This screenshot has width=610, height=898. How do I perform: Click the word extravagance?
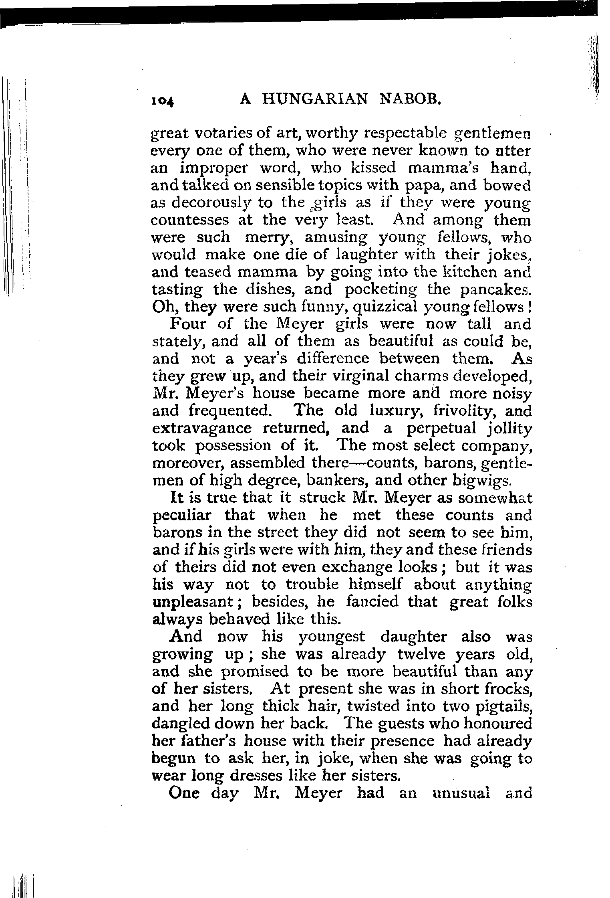click(x=202, y=429)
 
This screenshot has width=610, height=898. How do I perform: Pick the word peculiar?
click(x=182, y=516)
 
